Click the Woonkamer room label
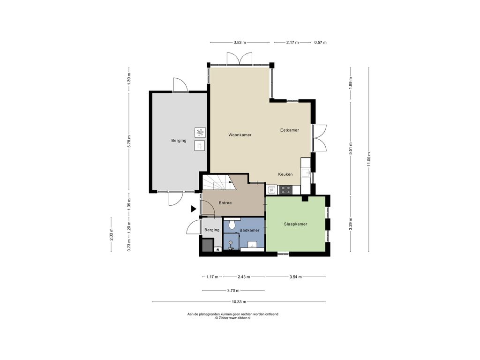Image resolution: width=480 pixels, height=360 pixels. pos(240,135)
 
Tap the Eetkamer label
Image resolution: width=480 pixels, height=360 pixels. pos(289,130)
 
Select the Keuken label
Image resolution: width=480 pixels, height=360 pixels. pos(285,174)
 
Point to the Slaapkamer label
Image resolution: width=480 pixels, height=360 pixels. pos(295,224)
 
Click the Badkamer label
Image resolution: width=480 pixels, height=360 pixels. pos(249,230)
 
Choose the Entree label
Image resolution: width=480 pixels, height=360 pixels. pos(225,202)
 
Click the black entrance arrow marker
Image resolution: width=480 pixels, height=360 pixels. pos(194,209)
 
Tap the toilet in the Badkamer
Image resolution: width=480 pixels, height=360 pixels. pos(232,224)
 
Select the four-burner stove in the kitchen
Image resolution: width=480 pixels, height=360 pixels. pos(285,190)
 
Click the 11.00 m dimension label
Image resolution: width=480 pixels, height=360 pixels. pos(369,159)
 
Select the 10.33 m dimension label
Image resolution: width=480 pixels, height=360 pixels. pos(239,302)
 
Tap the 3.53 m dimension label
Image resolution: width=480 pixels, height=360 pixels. pos(240,43)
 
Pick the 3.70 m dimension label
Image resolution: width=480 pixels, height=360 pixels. pos(233,291)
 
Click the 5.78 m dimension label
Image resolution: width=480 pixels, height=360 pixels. pos(129,142)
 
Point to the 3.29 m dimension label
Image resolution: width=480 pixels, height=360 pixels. pos(351,224)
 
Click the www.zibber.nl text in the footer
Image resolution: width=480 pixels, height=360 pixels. pos(240,318)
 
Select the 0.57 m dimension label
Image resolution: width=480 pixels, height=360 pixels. pos(320,43)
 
